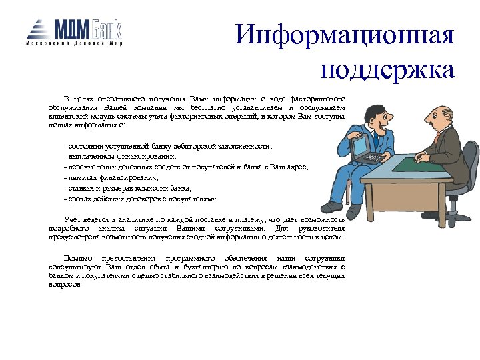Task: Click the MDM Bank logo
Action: (x=73, y=30)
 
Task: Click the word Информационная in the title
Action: (x=345, y=36)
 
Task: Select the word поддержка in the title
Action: (x=387, y=69)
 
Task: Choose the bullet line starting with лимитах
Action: (x=111, y=178)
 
